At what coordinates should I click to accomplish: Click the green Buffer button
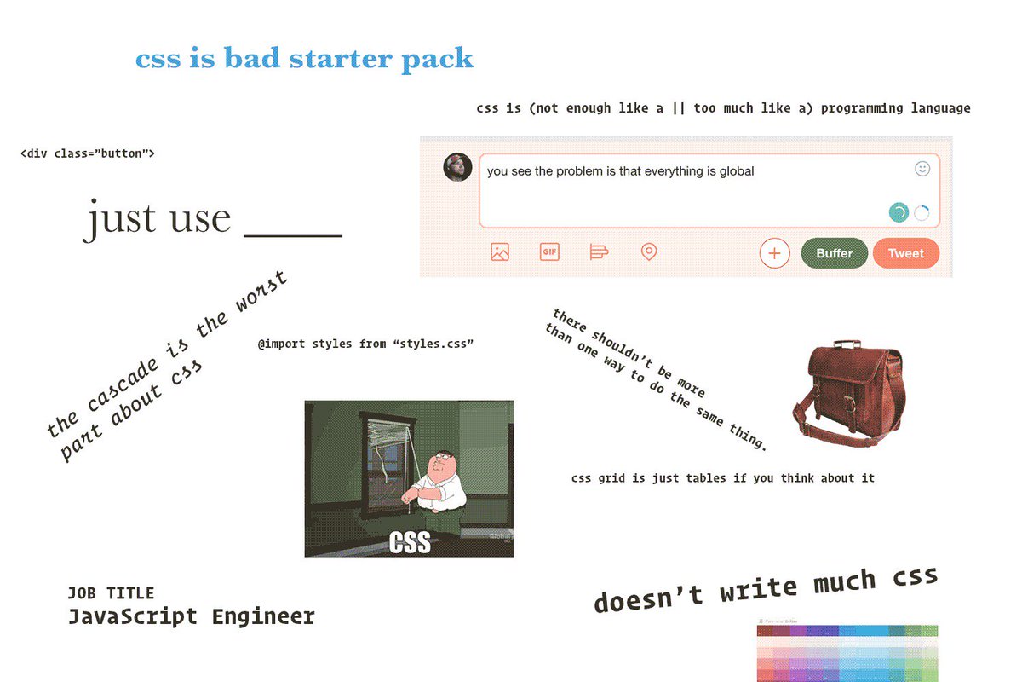coord(834,253)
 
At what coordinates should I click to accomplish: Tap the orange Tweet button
coord(906,253)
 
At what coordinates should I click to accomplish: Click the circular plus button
coord(774,253)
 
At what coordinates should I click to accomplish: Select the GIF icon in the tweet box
coord(549,251)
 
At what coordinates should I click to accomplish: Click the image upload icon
coord(500,251)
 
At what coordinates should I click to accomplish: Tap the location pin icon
coord(649,251)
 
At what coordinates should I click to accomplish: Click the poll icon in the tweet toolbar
coord(599,251)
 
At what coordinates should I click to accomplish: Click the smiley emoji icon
coord(922,169)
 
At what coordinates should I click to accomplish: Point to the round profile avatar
coord(457,167)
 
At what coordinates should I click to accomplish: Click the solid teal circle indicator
coord(899,212)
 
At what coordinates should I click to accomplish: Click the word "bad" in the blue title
coord(252,58)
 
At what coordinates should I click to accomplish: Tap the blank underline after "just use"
coord(293,235)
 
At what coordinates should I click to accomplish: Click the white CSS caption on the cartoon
coord(410,542)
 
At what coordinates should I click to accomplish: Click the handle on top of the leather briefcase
coord(847,344)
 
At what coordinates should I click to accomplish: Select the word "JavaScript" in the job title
coord(132,616)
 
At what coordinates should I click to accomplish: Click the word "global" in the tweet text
coord(737,171)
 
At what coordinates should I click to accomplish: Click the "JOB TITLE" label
coord(111,593)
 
